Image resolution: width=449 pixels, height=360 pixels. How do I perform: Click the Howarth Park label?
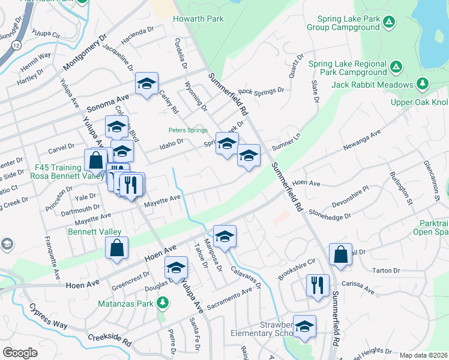[x=198, y=19]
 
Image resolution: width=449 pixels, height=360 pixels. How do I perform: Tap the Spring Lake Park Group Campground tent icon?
[x=389, y=23]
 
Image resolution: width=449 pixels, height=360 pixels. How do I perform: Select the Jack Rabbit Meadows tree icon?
[x=423, y=83]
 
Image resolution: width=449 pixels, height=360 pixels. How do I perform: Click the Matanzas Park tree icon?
[x=161, y=302]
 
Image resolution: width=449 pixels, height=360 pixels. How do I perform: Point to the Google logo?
[x=20, y=353]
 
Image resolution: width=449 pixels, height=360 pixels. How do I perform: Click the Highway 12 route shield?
[x=15, y=46]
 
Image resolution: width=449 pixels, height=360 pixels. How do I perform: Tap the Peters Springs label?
[x=187, y=130]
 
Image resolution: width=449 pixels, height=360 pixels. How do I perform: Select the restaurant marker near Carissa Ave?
[x=316, y=285]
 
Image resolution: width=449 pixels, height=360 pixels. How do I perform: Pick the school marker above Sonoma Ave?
[x=146, y=85]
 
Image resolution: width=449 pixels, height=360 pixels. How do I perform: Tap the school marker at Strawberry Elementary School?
[x=304, y=326]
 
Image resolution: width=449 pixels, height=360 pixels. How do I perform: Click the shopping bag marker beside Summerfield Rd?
[x=340, y=253]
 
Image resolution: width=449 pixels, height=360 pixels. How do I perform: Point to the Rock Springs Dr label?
[x=261, y=91]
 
